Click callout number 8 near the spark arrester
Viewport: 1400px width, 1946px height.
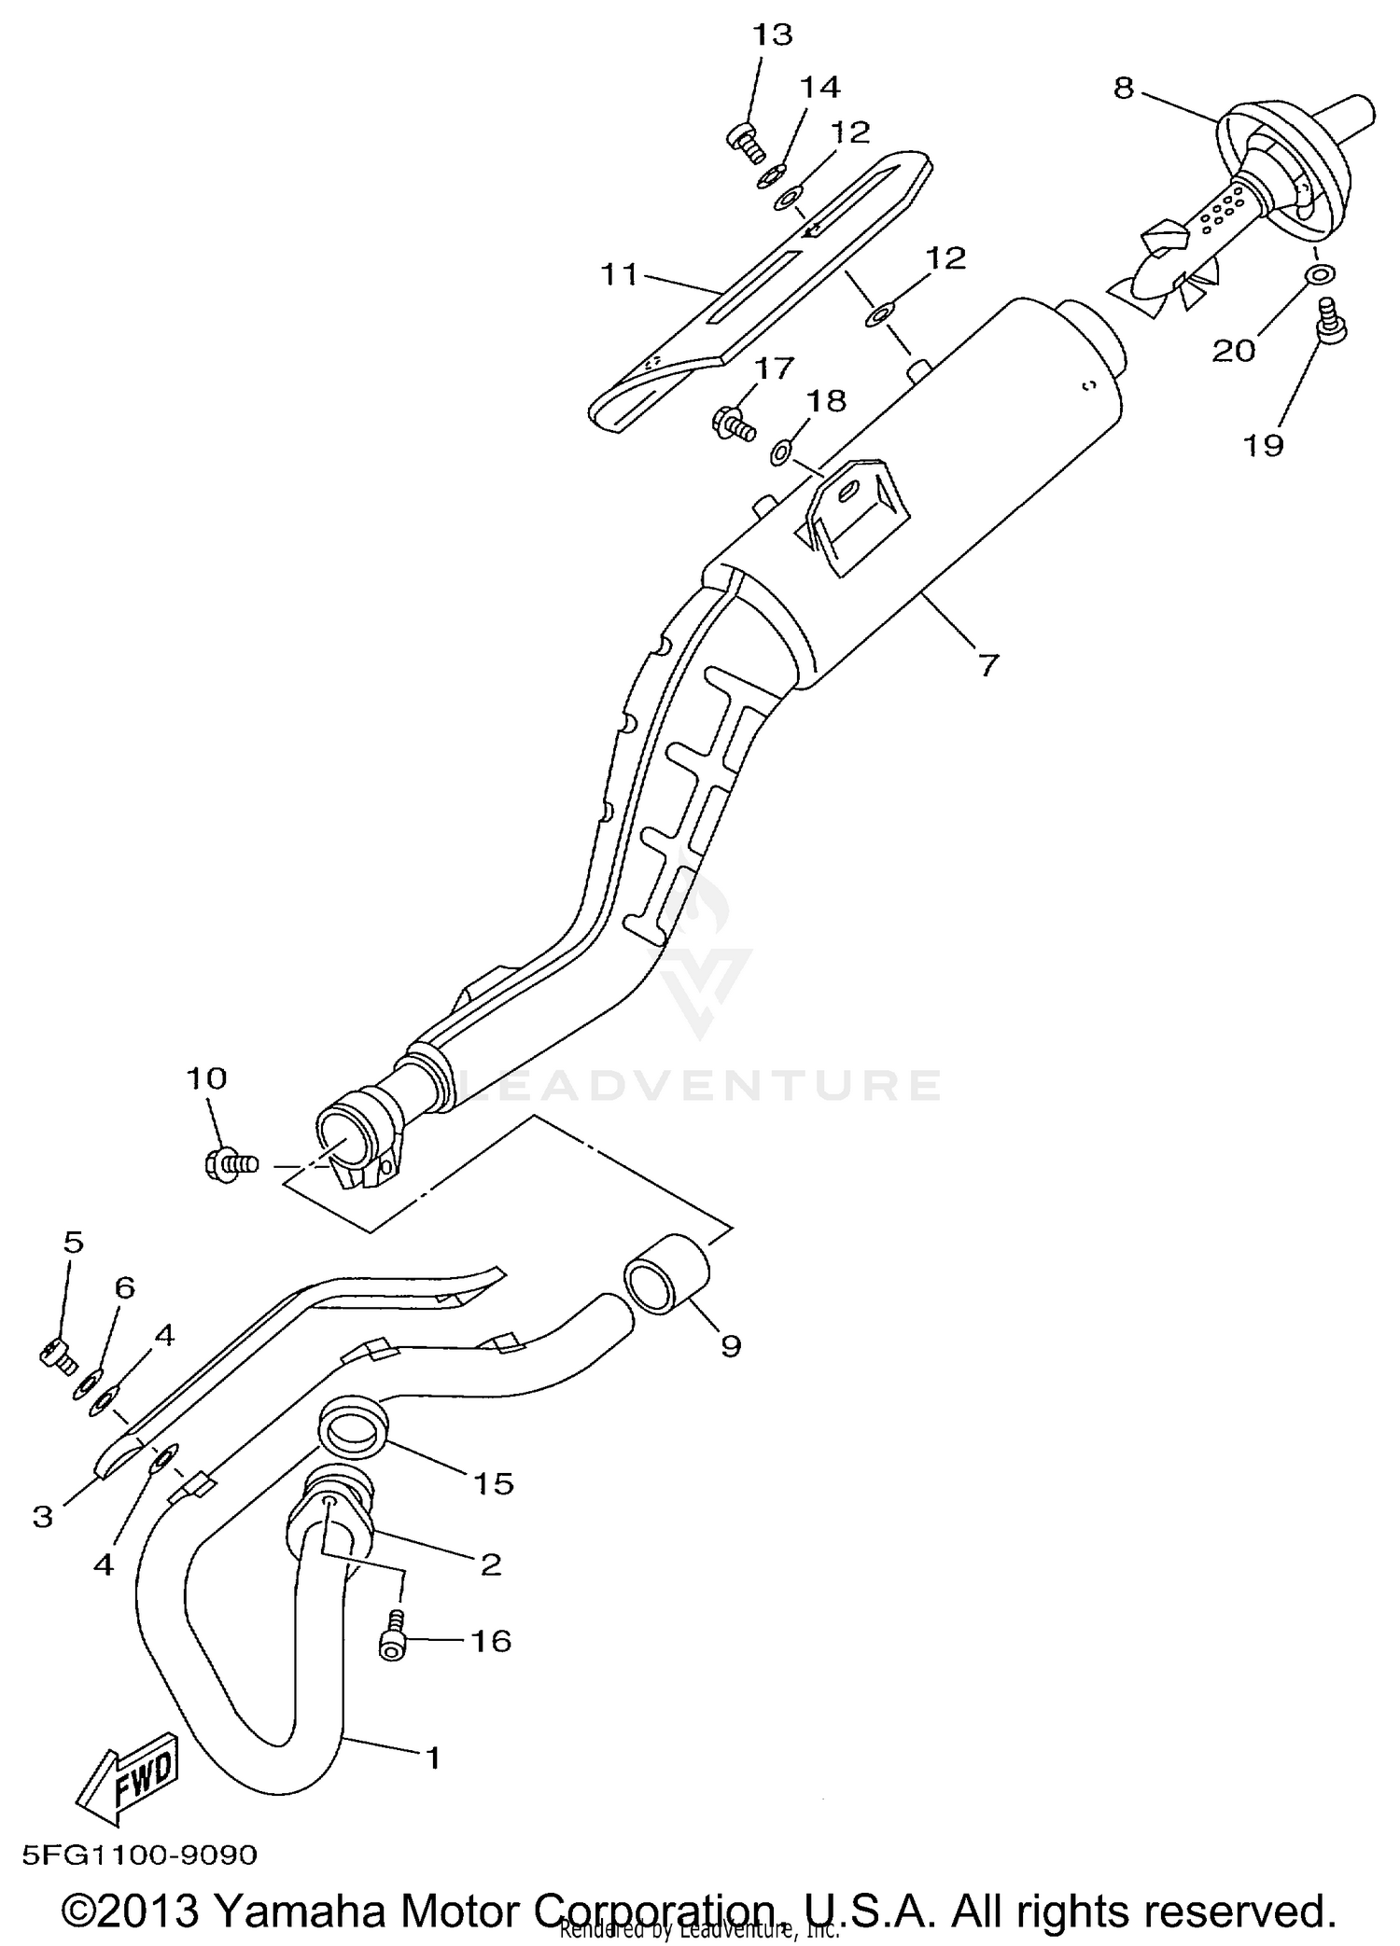tap(1124, 88)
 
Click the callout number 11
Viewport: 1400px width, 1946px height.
tap(619, 275)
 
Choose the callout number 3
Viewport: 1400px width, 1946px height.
tap(43, 1517)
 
